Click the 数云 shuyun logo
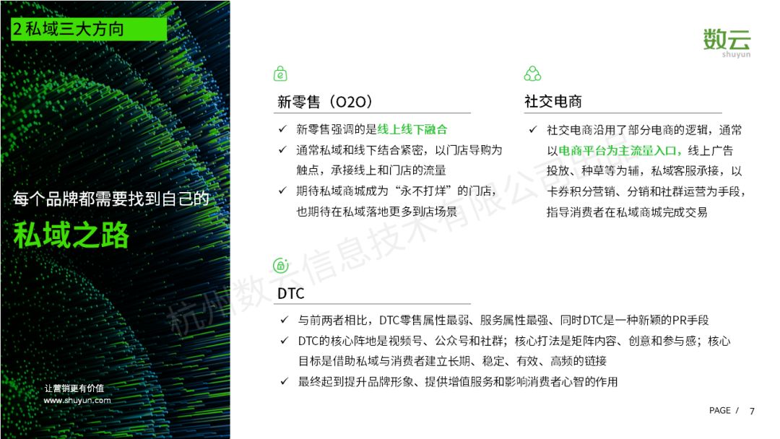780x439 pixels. (727, 43)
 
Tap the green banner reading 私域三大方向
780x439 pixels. (89, 29)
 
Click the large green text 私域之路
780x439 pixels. (71, 235)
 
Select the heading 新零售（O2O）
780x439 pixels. (325, 102)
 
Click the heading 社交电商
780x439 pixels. (552, 101)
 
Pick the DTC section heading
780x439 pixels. (290, 293)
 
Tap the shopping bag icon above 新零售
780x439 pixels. (280, 74)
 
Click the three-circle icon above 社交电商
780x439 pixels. (532, 74)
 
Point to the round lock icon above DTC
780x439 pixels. (280, 266)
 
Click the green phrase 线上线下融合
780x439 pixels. (412, 130)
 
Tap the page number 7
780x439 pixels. (752, 411)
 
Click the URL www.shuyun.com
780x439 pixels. (77, 400)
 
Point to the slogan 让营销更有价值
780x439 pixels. (74, 388)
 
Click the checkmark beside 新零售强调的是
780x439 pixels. (282, 129)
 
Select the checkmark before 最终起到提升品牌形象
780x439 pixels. (284, 381)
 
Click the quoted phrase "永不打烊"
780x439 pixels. (426, 191)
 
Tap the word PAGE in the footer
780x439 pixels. (720, 411)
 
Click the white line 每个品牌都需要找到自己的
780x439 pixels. (111, 199)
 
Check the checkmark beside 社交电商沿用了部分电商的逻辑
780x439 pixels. (533, 130)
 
